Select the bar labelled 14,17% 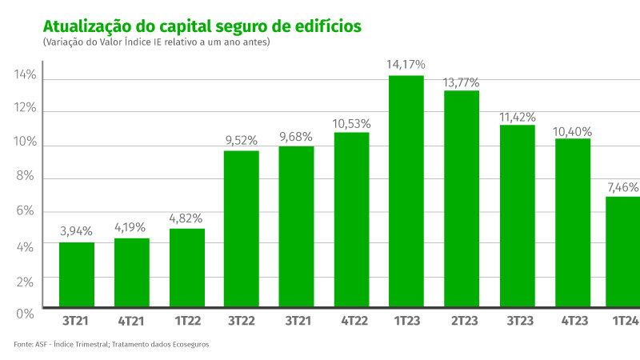(406, 192)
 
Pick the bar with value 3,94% (77, 275)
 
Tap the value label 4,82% (186, 218)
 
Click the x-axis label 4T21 (131, 321)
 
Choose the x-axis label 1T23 (406, 321)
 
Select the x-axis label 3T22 (242, 321)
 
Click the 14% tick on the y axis (25, 76)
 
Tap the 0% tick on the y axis (25, 312)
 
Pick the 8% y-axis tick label (25, 177)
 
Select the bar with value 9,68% (296, 227)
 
